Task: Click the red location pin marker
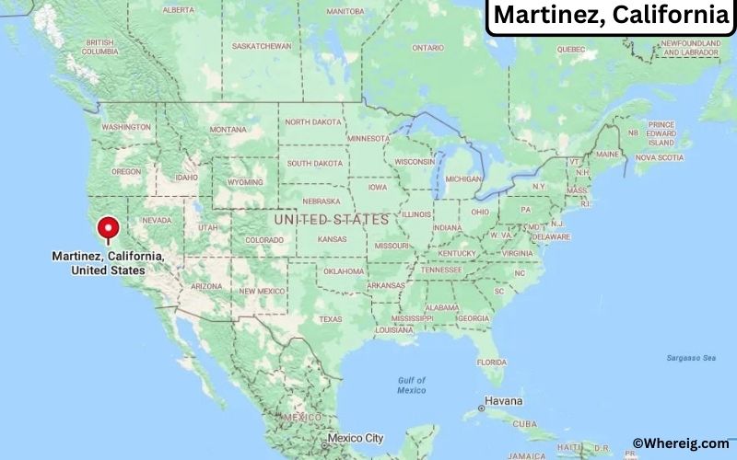[x=109, y=228]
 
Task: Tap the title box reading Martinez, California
[x=610, y=16]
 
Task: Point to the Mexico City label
[x=355, y=438]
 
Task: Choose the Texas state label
[x=330, y=319]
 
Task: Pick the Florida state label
[x=497, y=362]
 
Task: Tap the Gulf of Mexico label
[x=411, y=385]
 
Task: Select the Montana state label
[x=228, y=130]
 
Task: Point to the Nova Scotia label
[x=659, y=157]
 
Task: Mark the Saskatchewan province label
[x=262, y=46]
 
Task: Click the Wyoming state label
[x=244, y=182]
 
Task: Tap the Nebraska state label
[x=321, y=201]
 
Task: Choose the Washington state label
[x=126, y=127]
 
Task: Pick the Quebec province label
[x=571, y=48]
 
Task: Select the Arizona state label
[x=205, y=286]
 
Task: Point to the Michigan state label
[x=463, y=178]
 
